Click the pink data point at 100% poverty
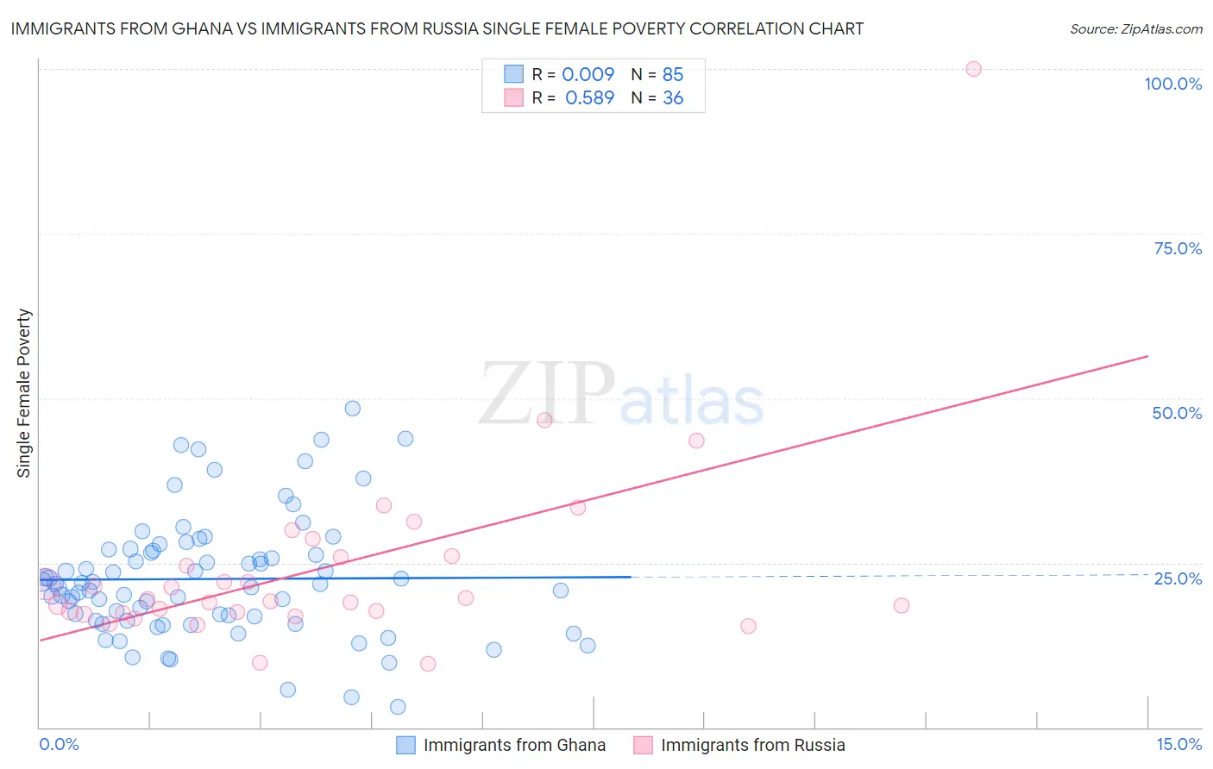(973, 69)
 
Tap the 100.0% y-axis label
(1172, 84)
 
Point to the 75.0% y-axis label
(1178, 248)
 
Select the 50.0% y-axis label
(1177, 413)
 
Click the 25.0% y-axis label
(1178, 578)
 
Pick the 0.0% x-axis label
(59, 744)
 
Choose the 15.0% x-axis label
(1178, 744)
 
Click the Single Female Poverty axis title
(24, 393)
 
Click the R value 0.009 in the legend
(588, 74)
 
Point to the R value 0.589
(589, 98)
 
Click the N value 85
(673, 74)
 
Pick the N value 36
(673, 98)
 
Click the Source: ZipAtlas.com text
(1135, 29)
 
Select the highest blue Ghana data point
(352, 409)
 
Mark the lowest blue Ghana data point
(398, 707)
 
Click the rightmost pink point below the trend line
(901, 605)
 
